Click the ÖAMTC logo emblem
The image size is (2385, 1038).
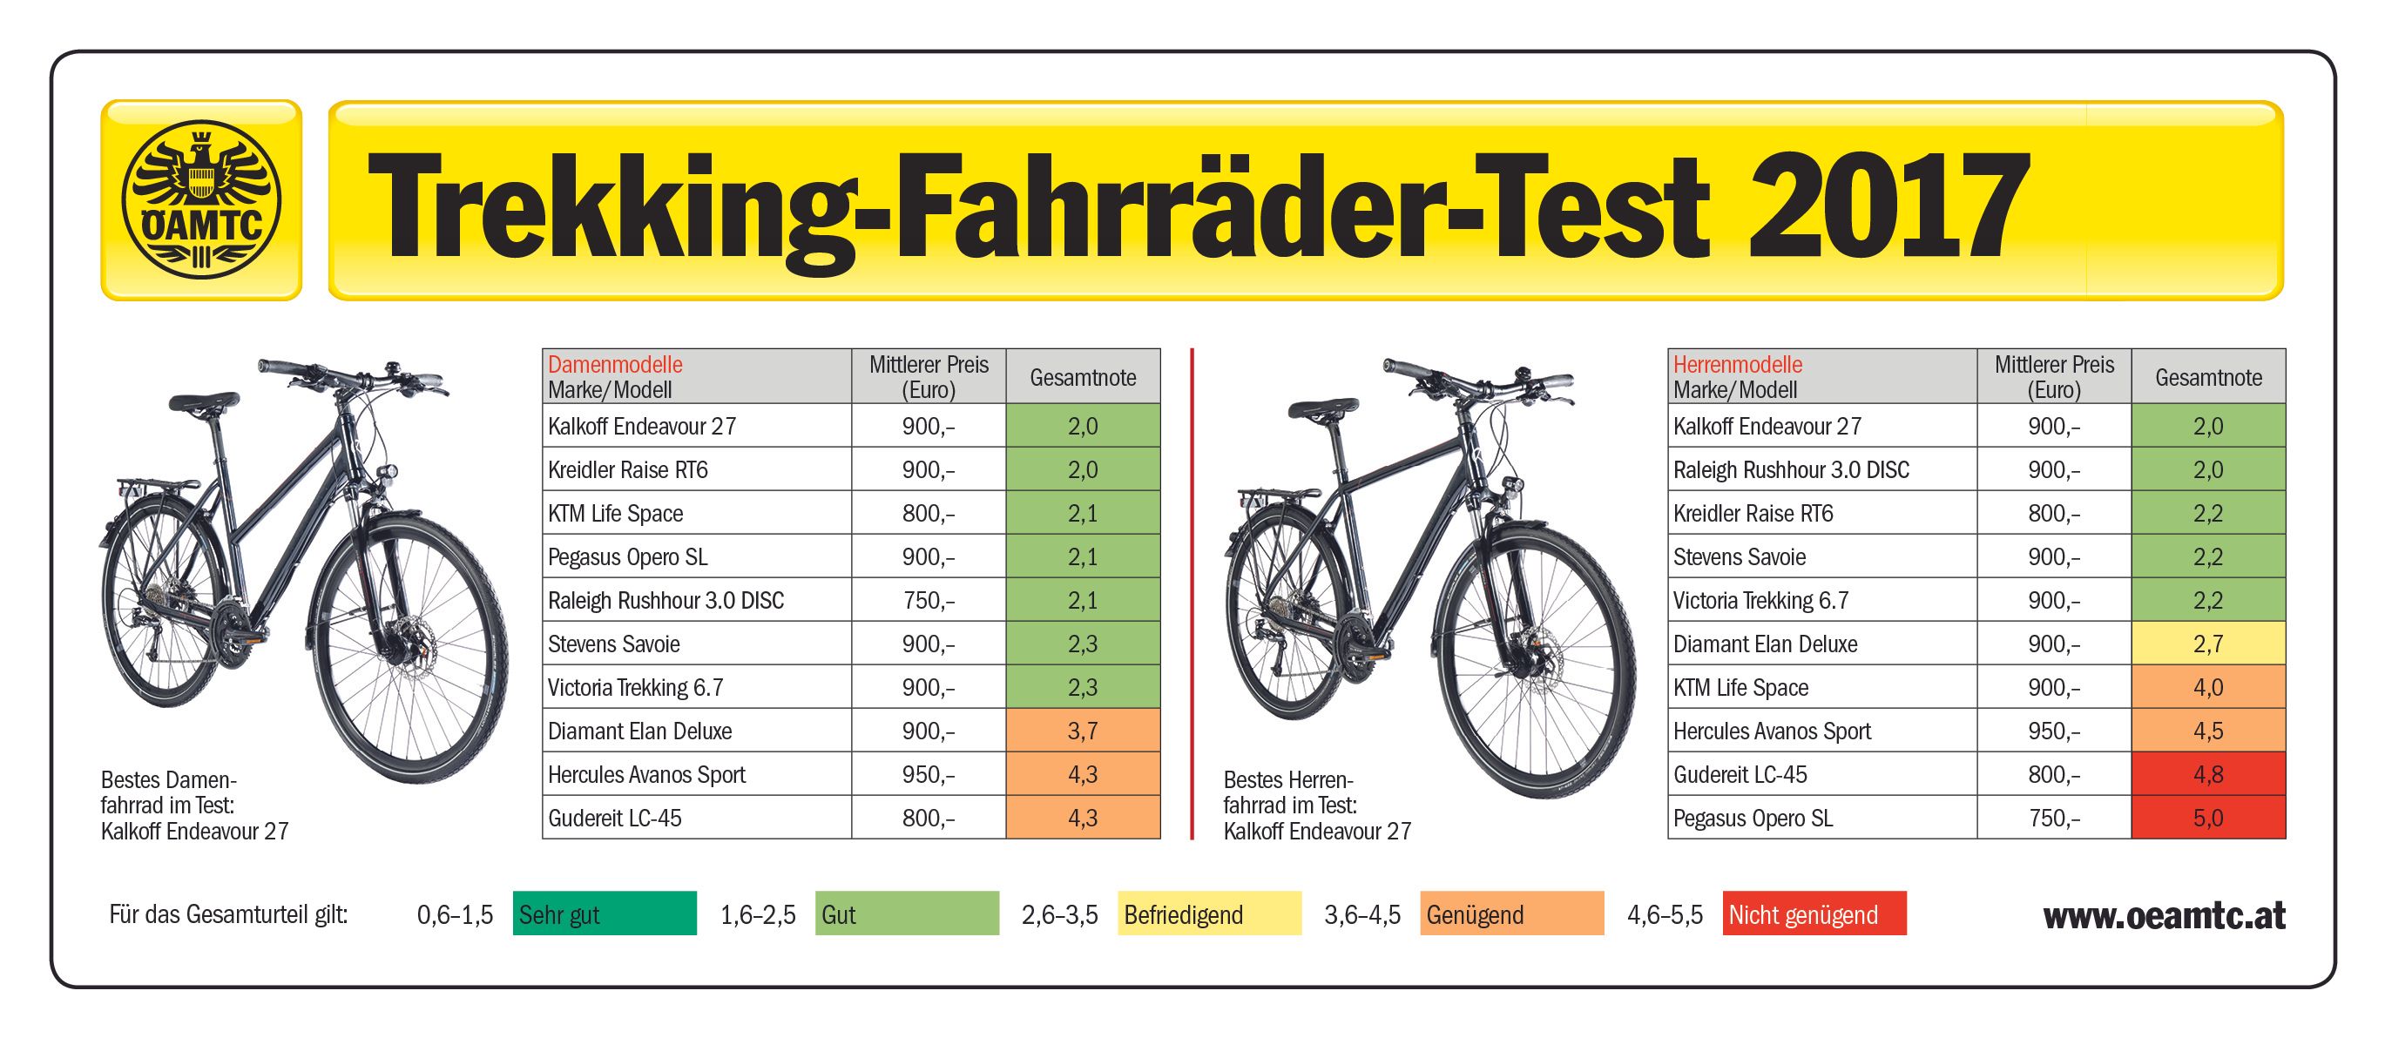click(201, 200)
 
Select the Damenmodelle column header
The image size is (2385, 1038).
click(615, 365)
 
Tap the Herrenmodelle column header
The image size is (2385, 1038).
click(1737, 365)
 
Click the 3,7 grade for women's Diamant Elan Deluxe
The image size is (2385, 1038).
click(1083, 731)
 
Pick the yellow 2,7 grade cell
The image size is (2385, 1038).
click(2207, 644)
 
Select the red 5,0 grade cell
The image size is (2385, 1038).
click(2207, 818)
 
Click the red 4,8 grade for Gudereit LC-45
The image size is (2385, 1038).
click(2207, 774)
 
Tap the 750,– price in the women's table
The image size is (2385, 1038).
click(928, 600)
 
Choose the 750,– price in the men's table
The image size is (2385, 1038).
click(2053, 818)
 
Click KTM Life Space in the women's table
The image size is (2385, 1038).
click(615, 513)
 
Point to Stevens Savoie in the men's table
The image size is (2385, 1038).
click(1739, 556)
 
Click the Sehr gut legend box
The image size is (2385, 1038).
click(604, 914)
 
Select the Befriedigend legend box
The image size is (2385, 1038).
click(1208, 914)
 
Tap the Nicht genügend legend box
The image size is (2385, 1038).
click(1814, 914)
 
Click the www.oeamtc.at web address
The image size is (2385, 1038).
click(2164, 916)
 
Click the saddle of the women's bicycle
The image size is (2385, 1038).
click(203, 401)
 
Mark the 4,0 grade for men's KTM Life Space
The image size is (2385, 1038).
click(2207, 687)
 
